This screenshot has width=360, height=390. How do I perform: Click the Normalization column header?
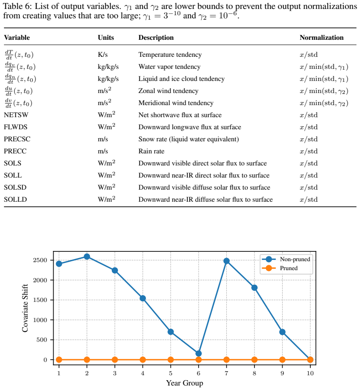click(322, 38)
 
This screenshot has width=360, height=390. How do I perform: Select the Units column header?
click(106, 38)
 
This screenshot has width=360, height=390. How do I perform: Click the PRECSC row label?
click(17, 139)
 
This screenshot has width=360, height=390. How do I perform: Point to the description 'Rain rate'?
click(151, 151)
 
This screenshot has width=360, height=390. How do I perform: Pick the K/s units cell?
click(103, 55)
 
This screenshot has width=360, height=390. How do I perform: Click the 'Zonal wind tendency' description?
click(168, 91)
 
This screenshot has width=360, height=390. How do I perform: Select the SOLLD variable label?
click(15, 199)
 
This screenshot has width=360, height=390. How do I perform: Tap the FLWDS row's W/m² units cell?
click(106, 127)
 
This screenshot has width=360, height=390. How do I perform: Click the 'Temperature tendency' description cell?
click(170, 55)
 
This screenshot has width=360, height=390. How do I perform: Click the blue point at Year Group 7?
click(226, 261)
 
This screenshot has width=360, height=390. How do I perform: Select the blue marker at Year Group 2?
click(87, 256)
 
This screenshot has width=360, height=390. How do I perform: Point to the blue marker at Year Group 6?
click(199, 353)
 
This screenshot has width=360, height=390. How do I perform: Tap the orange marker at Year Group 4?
click(143, 360)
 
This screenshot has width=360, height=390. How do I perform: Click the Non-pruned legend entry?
click(286, 259)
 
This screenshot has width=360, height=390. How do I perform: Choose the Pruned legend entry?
click(280, 268)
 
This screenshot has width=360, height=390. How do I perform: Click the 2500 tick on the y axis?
click(40, 260)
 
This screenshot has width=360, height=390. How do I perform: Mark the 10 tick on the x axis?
click(310, 373)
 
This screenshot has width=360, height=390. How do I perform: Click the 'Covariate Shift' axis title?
click(25, 308)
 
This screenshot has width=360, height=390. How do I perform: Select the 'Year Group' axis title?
click(185, 383)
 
